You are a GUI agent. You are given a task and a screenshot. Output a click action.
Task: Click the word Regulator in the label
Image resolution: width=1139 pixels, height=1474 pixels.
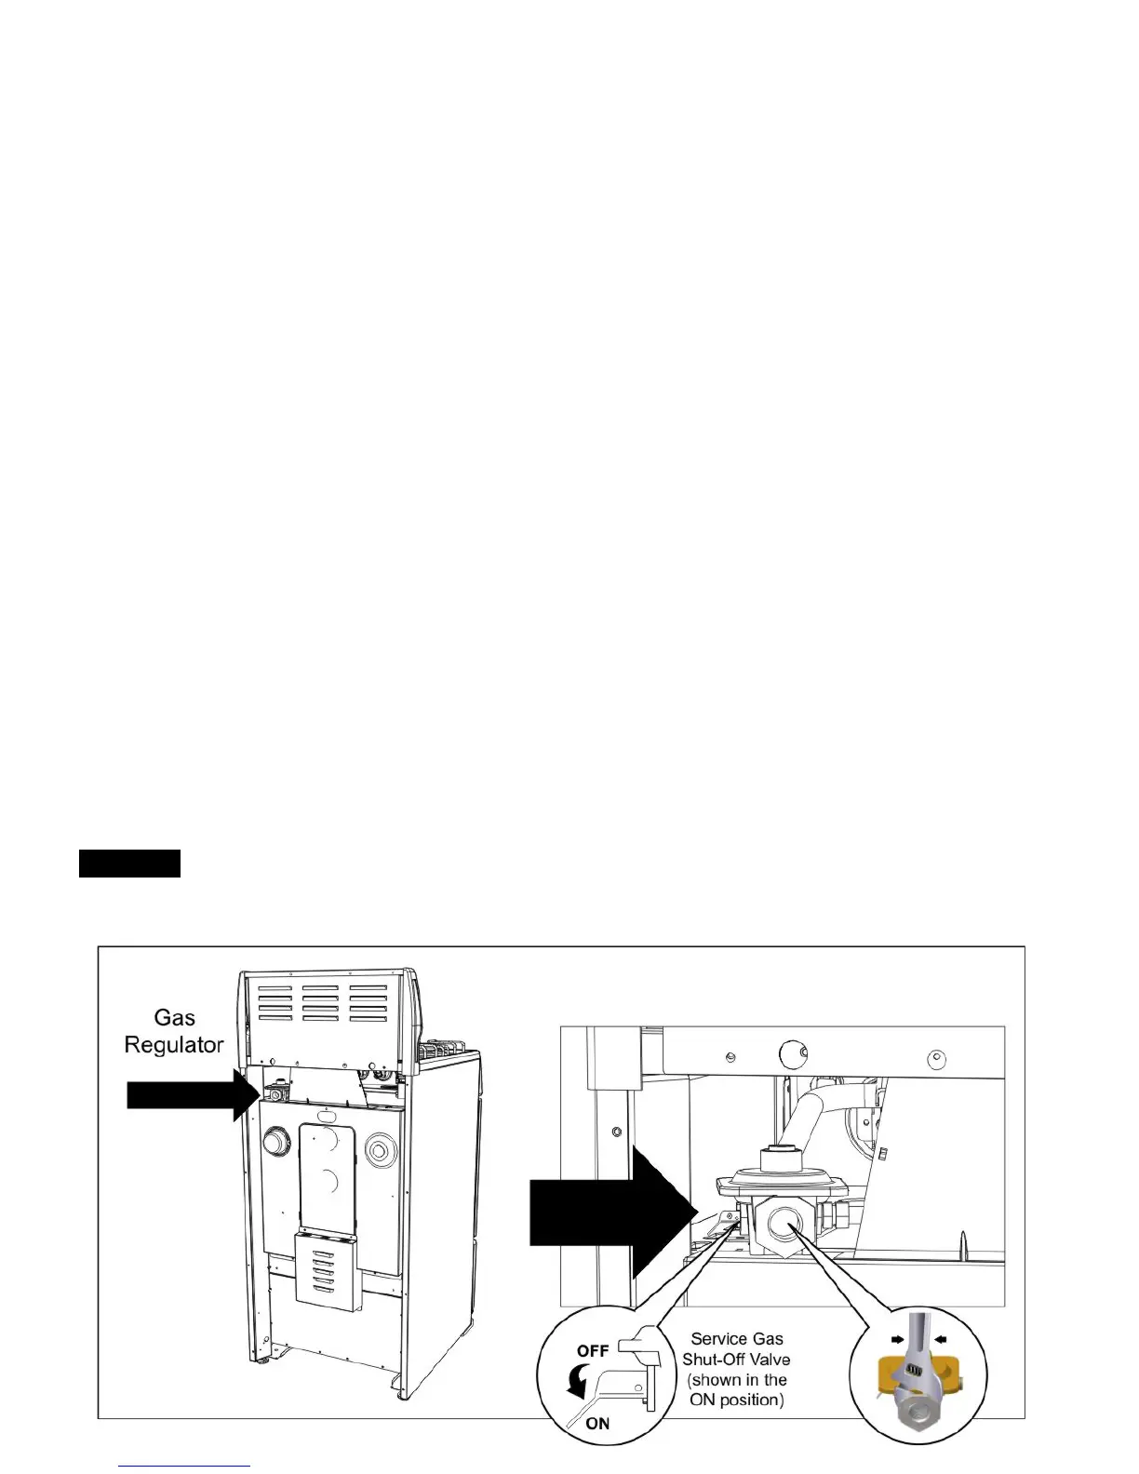pyautogui.click(x=174, y=1044)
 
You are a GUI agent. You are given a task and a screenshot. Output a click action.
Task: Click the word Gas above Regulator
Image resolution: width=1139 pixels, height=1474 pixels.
pyautogui.click(x=174, y=1017)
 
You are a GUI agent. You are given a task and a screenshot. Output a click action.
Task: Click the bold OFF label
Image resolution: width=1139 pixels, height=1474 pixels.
pyautogui.click(x=593, y=1351)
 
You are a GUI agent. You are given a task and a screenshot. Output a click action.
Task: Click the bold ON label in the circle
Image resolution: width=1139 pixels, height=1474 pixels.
pyautogui.click(x=597, y=1424)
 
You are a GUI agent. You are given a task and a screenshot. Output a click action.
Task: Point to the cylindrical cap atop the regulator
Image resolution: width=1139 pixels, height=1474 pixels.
pyautogui.click(x=778, y=1159)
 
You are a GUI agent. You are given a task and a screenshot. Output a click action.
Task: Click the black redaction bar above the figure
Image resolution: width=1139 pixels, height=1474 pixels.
pyautogui.click(x=129, y=864)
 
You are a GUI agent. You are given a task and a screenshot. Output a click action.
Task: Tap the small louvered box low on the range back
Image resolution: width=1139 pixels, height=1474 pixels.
pyautogui.click(x=326, y=1268)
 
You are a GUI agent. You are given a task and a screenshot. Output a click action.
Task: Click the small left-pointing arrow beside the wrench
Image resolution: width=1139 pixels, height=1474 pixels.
pyautogui.click(x=941, y=1339)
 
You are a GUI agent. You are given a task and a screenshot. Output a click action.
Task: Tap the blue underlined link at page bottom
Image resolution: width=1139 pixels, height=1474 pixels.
pyautogui.click(x=185, y=1466)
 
